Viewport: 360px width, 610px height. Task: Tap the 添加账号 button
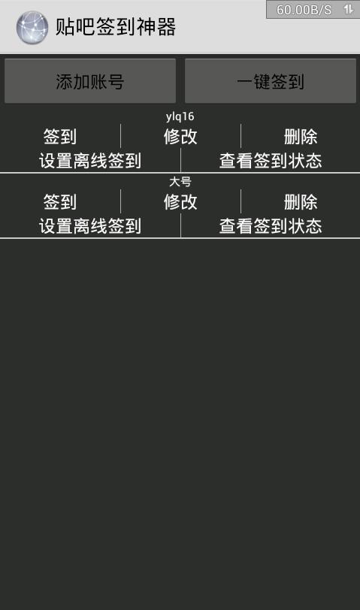click(90, 81)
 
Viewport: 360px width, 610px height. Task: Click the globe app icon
click(32, 27)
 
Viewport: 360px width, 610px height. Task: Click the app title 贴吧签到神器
click(116, 27)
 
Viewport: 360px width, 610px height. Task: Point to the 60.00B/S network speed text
click(304, 10)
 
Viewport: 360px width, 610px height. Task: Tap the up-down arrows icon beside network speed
click(348, 9)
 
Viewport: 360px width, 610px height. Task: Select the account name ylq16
click(180, 116)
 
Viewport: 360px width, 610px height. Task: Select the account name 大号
click(180, 181)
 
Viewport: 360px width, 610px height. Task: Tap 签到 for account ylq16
click(60, 137)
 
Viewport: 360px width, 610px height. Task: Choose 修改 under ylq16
click(180, 137)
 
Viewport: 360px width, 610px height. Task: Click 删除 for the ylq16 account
click(301, 137)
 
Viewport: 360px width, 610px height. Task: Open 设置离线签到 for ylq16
click(90, 161)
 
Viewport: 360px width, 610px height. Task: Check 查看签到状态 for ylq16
click(271, 161)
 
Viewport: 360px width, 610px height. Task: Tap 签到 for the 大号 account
click(60, 202)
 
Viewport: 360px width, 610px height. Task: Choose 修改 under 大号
click(180, 202)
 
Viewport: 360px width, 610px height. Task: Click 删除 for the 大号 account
click(301, 202)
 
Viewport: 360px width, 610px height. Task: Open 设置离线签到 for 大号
click(90, 226)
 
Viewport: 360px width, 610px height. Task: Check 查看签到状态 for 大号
click(271, 226)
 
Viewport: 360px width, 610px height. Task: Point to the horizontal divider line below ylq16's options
click(180, 172)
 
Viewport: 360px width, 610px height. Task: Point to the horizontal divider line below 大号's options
click(180, 237)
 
